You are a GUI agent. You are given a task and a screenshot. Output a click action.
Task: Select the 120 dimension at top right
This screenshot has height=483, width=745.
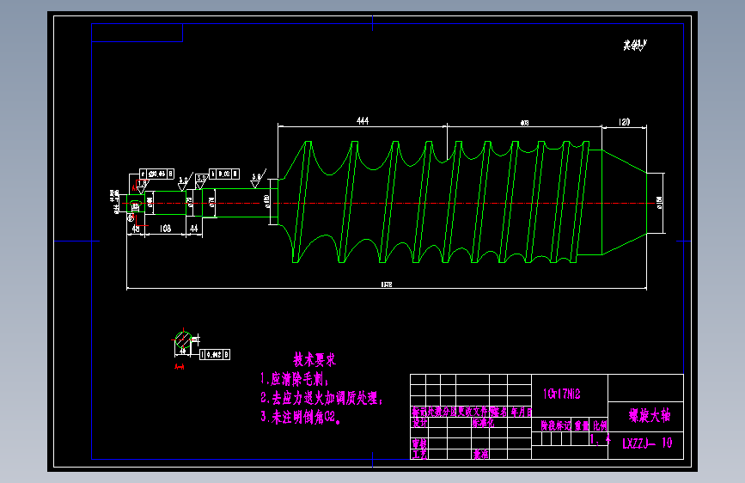624,122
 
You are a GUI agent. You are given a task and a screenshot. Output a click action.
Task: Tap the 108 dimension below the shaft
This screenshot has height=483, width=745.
166,228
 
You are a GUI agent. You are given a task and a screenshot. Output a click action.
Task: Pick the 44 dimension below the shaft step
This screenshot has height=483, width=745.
194,228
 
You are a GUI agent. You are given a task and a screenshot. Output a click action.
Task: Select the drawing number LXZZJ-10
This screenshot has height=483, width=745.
646,443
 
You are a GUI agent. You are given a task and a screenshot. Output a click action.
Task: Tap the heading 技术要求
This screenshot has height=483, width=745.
314,359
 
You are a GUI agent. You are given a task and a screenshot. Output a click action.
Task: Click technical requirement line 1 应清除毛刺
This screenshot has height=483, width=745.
295,378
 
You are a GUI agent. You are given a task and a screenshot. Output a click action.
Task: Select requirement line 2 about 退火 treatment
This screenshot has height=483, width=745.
321,399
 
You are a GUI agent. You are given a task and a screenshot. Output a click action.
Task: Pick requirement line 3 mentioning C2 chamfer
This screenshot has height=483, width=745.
302,418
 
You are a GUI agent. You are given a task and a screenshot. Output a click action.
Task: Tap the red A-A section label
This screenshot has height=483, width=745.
180,367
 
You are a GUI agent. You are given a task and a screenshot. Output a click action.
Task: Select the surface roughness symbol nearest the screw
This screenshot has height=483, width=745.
256,180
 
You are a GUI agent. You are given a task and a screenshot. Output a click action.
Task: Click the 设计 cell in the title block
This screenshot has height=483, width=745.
420,424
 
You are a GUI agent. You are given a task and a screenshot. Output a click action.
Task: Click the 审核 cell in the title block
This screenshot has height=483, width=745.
420,444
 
